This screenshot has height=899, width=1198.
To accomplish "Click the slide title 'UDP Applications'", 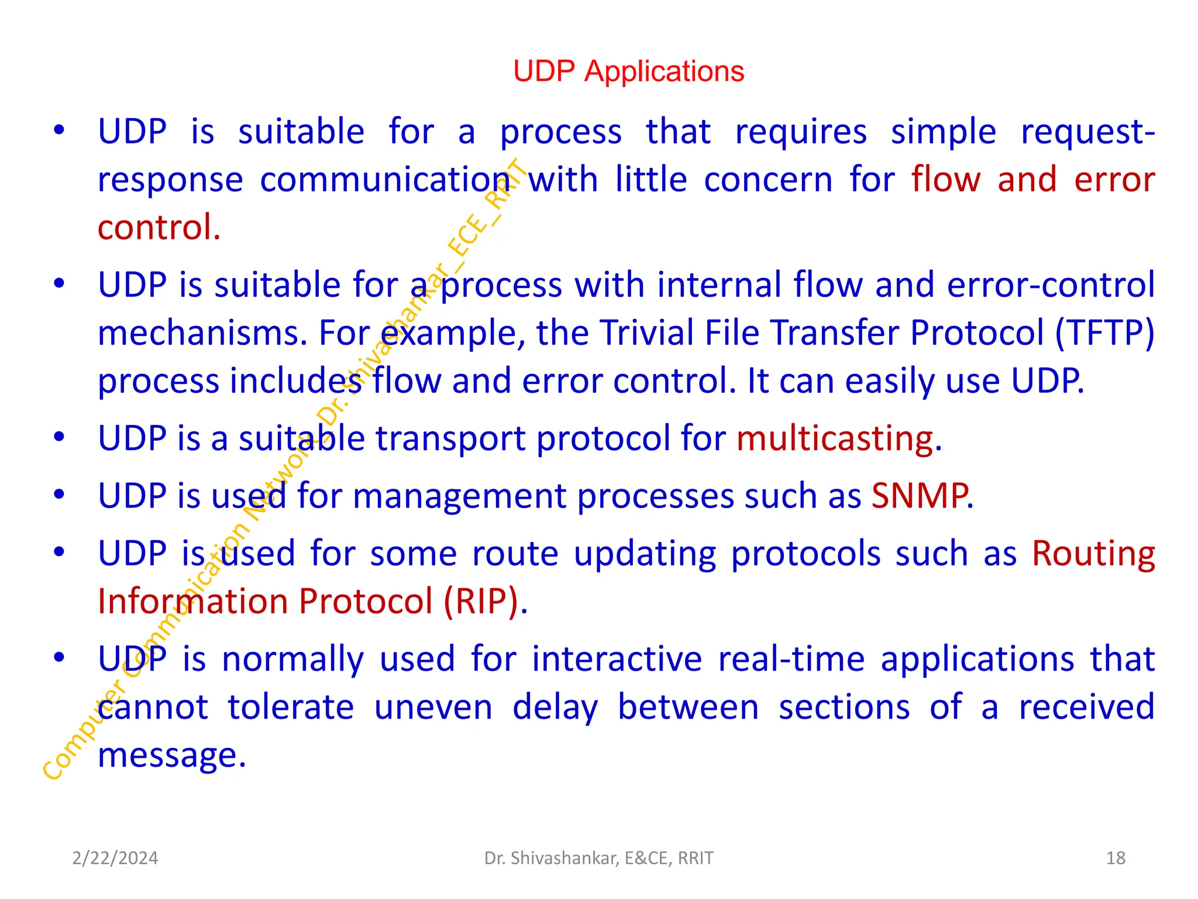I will pyautogui.click(x=628, y=71).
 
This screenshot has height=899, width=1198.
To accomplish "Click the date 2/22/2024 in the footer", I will pyautogui.click(x=115, y=858).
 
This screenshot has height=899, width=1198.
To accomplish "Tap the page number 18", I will pyautogui.click(x=1116, y=858).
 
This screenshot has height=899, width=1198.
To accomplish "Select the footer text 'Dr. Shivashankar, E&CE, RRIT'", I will pyautogui.click(x=599, y=858).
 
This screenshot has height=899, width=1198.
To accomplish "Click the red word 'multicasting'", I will pyautogui.click(x=835, y=438).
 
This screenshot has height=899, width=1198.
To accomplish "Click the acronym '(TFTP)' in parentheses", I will pyautogui.click(x=1105, y=332).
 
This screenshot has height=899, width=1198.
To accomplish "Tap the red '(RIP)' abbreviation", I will pyautogui.click(x=481, y=601).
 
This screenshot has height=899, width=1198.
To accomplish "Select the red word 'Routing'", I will pyautogui.click(x=1093, y=554).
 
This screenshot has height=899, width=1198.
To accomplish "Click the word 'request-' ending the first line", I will pyautogui.click(x=1087, y=131).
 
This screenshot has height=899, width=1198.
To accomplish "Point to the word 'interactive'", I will pyautogui.click(x=617, y=659).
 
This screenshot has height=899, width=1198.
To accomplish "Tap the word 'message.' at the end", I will pyautogui.click(x=172, y=755).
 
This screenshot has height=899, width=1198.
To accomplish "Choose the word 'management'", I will pyautogui.click(x=459, y=496).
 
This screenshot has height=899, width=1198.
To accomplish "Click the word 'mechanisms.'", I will pyautogui.click(x=202, y=332).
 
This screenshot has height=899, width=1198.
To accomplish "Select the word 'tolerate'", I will pyautogui.click(x=291, y=707).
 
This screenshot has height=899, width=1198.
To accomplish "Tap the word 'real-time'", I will pyautogui.click(x=791, y=659).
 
